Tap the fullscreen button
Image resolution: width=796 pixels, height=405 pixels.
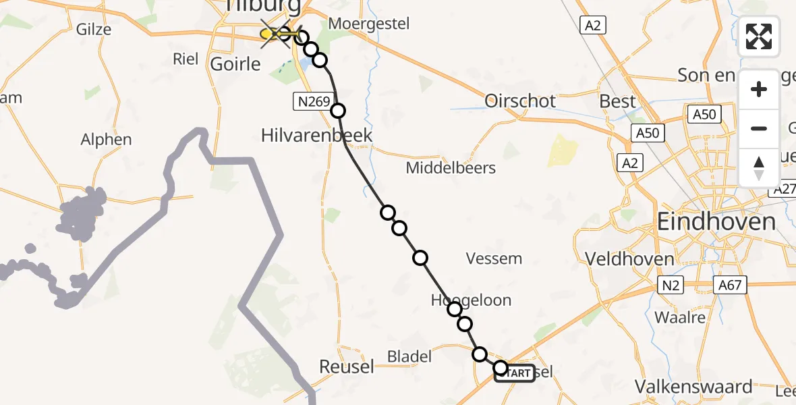pos(759,36)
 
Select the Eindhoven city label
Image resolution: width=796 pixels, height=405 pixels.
pos(716,221)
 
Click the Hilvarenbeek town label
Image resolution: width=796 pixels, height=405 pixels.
pos(316,135)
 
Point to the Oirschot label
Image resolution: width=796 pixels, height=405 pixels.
pos(520,101)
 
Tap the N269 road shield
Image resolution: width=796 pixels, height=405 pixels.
pos(312,102)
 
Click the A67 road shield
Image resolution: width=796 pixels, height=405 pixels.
pos(729,285)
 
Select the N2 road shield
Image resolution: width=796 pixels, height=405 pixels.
pos(671,286)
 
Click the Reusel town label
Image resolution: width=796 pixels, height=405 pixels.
pos(347,367)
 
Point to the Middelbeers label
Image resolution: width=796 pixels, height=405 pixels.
pos(451,167)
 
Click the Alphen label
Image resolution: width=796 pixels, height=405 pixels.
pos(106,140)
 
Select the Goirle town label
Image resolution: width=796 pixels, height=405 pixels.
pos(235,64)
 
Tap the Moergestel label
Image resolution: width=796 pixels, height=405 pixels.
pos(368,24)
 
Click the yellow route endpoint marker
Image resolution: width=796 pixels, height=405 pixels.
pos(266,34)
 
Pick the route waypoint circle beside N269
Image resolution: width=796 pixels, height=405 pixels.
pos(337,110)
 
